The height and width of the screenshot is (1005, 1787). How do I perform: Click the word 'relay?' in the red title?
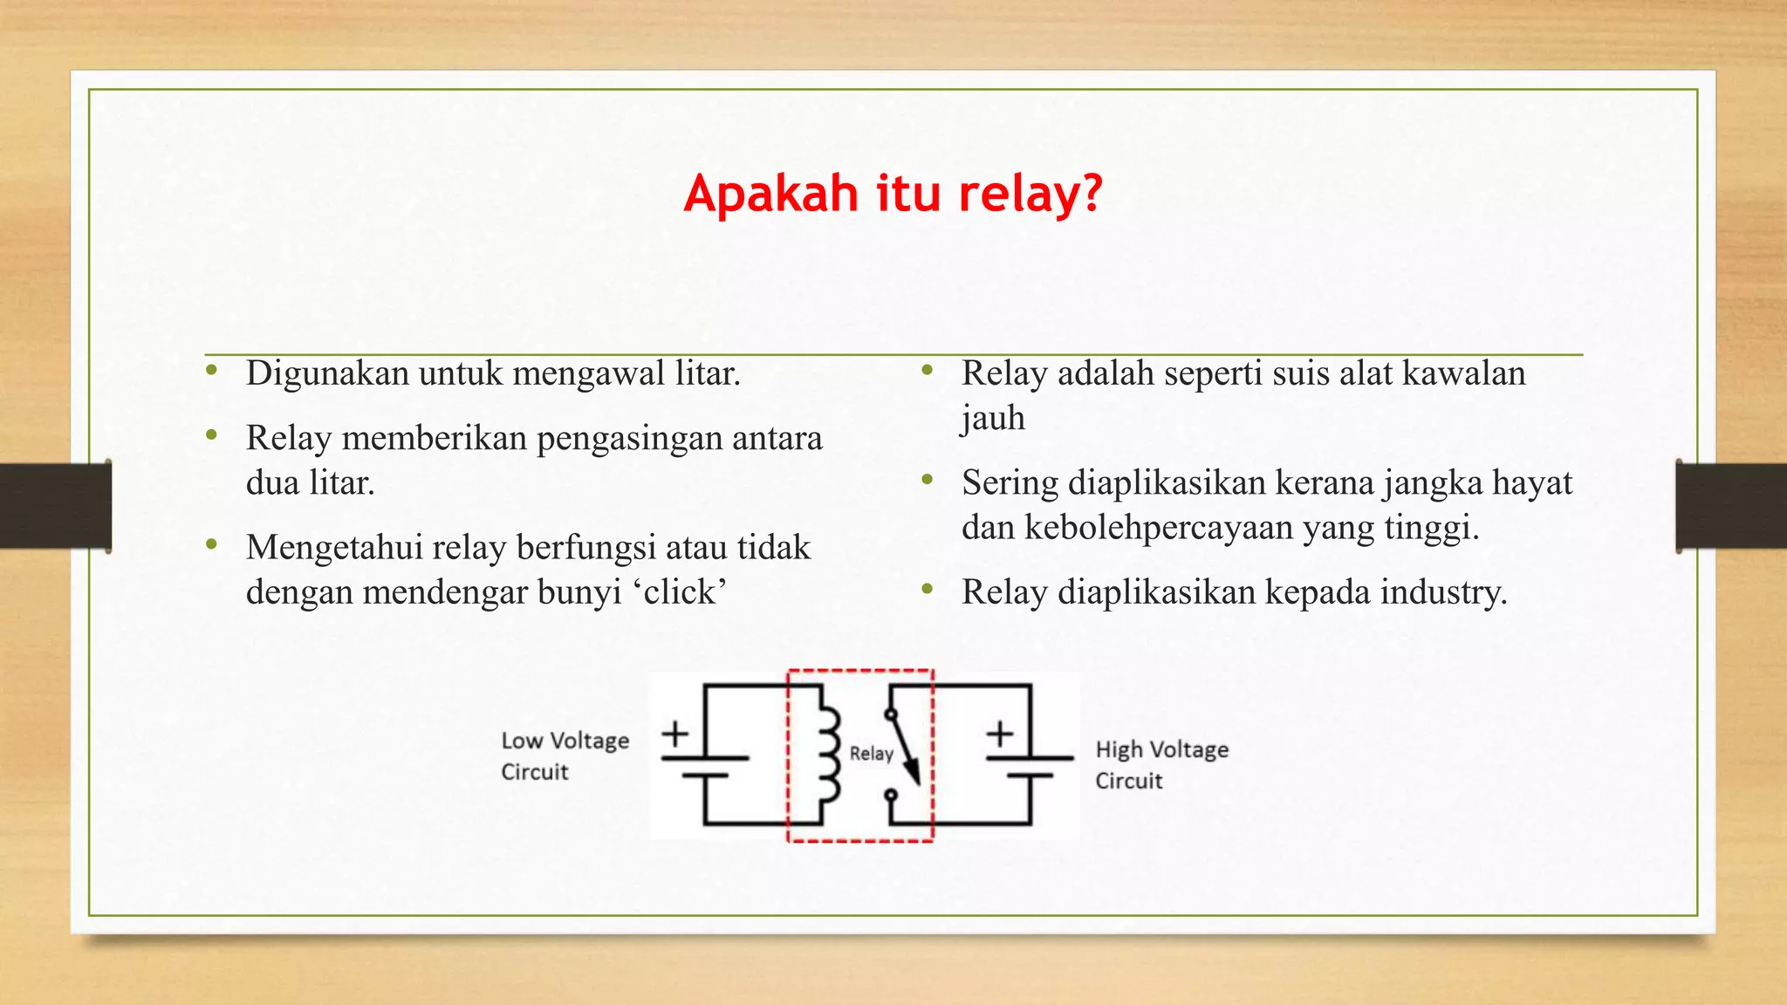pos(1030,194)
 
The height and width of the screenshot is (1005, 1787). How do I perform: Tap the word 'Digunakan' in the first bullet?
pos(327,373)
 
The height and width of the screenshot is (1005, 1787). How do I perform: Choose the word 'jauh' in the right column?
pos(993,419)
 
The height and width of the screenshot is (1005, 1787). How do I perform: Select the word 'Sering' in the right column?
pos(1010,483)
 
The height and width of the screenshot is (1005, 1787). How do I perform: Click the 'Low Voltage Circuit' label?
pos(565,755)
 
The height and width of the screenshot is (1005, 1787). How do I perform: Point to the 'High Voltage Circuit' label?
pos(1161,764)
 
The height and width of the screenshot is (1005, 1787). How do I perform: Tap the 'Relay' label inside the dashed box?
pos(871,754)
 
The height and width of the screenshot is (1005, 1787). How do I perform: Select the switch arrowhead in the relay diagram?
pos(912,771)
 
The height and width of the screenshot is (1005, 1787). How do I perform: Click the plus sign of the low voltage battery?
pos(675,734)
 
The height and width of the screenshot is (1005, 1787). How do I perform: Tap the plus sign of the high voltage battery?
pos(1000,734)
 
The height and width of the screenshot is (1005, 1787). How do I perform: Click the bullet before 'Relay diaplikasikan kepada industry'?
pos(927,591)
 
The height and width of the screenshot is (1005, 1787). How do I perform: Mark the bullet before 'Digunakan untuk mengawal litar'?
pos(211,372)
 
